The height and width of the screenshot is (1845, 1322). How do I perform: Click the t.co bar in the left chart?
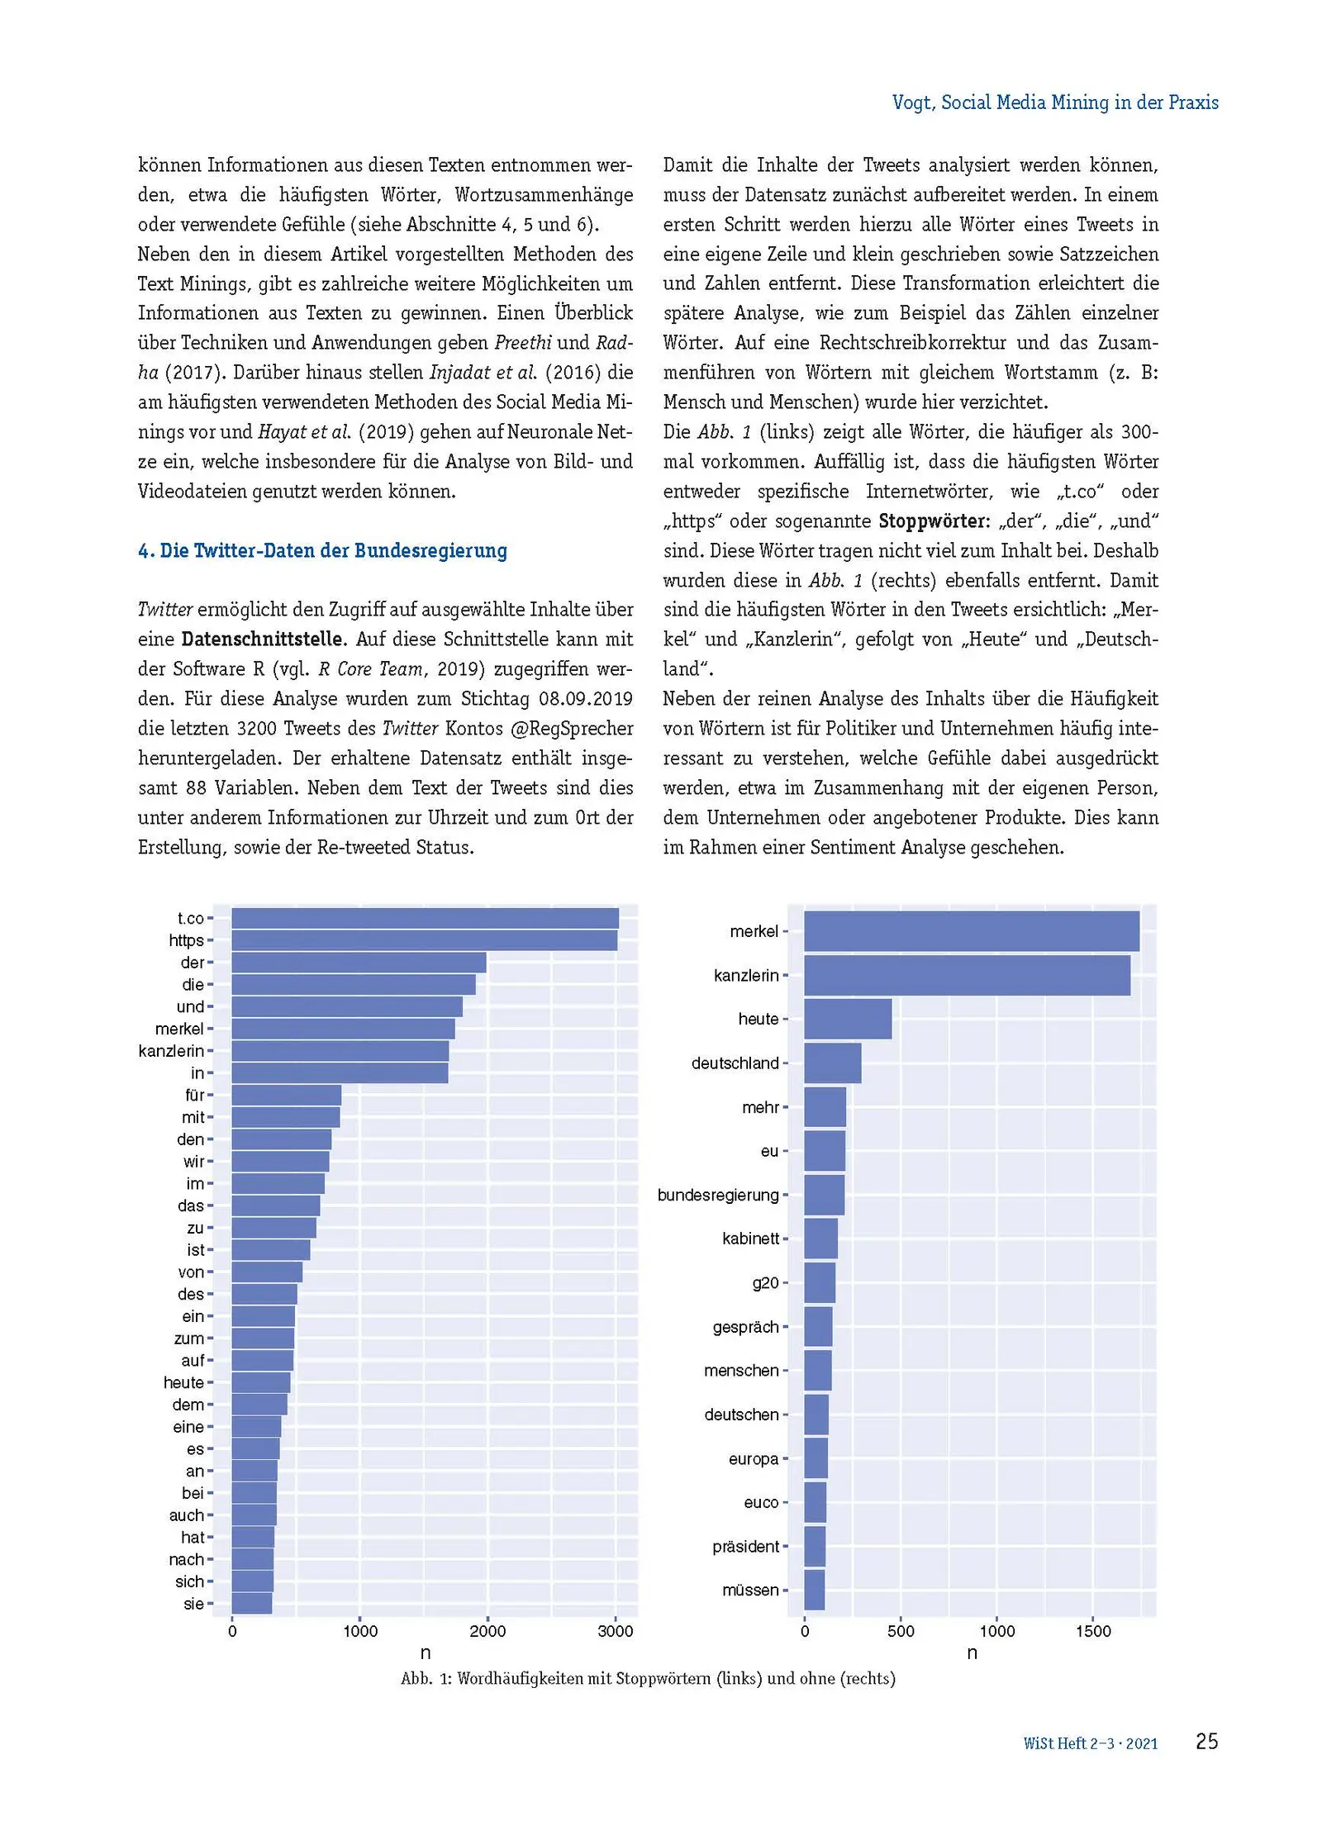click(x=425, y=918)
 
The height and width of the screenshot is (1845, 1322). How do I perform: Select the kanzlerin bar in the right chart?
click(x=966, y=975)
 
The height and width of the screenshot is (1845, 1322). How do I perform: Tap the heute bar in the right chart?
click(x=847, y=1019)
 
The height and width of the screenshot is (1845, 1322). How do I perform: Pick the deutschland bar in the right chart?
click(x=832, y=1063)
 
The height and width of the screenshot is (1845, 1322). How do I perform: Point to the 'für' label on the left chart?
click(x=194, y=1095)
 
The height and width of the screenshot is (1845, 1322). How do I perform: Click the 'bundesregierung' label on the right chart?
click(x=717, y=1195)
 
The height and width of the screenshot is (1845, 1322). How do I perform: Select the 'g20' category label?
click(x=765, y=1282)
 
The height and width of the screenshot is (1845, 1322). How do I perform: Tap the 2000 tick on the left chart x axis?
click(x=487, y=1631)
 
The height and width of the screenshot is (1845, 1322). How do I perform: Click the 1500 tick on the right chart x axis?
click(x=1092, y=1631)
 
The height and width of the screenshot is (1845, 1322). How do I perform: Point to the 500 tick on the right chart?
click(x=901, y=1631)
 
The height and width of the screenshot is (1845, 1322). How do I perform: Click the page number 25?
click(x=1206, y=1741)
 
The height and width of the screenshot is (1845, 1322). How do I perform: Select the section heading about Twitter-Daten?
click(x=322, y=551)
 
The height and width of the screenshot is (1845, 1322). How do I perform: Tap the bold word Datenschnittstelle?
click(x=261, y=640)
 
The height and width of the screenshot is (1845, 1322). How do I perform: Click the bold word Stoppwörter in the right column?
click(x=932, y=521)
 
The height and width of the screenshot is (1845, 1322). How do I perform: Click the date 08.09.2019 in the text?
click(x=585, y=699)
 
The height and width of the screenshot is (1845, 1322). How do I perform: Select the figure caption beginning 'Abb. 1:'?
click(x=648, y=1678)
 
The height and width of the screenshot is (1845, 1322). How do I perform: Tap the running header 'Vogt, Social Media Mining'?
click(x=1054, y=102)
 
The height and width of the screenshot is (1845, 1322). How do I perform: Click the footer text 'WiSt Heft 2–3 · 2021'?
click(x=1090, y=1743)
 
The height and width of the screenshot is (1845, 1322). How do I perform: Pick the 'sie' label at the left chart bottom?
click(x=193, y=1604)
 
